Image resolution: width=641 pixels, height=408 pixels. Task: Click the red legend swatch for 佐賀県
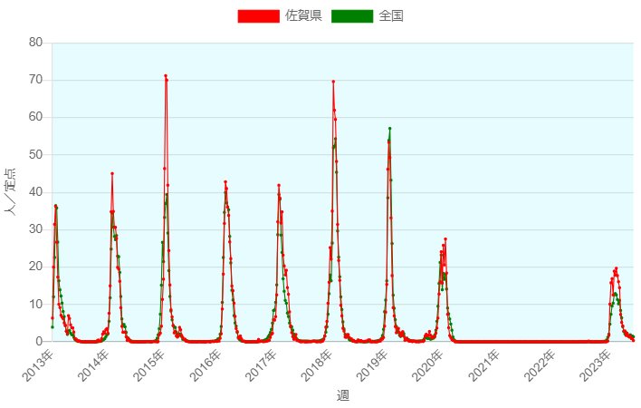tap(258, 15)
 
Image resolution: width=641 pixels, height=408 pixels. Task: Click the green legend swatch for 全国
tap(352, 15)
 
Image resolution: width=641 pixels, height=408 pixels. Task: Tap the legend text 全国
tap(391, 15)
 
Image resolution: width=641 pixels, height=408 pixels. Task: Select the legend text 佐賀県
tap(303, 15)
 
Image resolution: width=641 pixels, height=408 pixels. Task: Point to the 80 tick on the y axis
tap(35, 43)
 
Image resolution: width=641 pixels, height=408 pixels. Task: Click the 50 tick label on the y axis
tap(35, 155)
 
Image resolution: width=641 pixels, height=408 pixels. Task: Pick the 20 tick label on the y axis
tap(35, 267)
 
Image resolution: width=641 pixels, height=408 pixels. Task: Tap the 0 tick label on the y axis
tap(39, 342)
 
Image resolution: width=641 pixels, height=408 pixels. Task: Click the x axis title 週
tap(342, 395)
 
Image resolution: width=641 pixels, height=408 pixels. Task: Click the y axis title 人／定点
tap(11, 192)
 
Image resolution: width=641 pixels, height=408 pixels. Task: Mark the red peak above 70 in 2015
tap(166, 76)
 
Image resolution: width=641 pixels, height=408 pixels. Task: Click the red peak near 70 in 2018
tap(333, 82)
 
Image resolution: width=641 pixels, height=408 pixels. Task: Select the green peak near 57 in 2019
tap(390, 129)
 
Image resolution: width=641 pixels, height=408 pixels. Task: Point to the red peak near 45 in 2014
tap(112, 173)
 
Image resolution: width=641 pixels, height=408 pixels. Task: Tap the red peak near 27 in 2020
tap(445, 239)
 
